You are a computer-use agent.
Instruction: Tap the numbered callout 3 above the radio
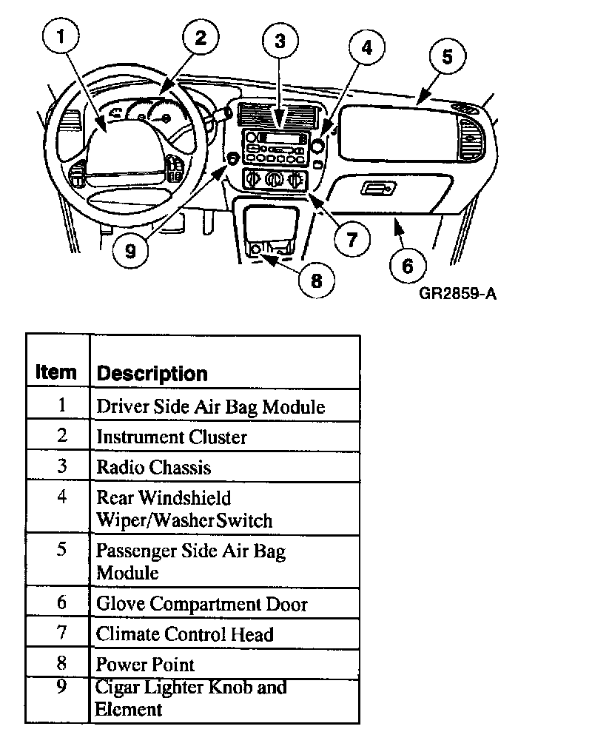(x=280, y=42)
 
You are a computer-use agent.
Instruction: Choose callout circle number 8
(x=317, y=281)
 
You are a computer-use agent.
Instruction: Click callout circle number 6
(x=408, y=264)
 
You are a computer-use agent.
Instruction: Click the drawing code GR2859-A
(x=457, y=293)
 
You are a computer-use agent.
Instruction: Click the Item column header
(x=56, y=372)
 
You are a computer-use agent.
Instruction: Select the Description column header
(x=152, y=373)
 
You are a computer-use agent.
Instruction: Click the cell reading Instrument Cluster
(x=172, y=437)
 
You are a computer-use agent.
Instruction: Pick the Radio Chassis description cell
(x=154, y=468)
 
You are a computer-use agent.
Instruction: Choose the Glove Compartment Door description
(x=202, y=604)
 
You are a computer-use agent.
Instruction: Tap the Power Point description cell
(x=146, y=664)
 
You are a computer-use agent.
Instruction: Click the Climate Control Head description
(x=185, y=634)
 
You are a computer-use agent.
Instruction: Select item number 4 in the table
(x=61, y=497)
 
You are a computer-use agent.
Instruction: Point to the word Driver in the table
(x=118, y=406)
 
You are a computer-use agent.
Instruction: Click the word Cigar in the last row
(x=117, y=687)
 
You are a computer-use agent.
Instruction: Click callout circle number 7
(x=351, y=238)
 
